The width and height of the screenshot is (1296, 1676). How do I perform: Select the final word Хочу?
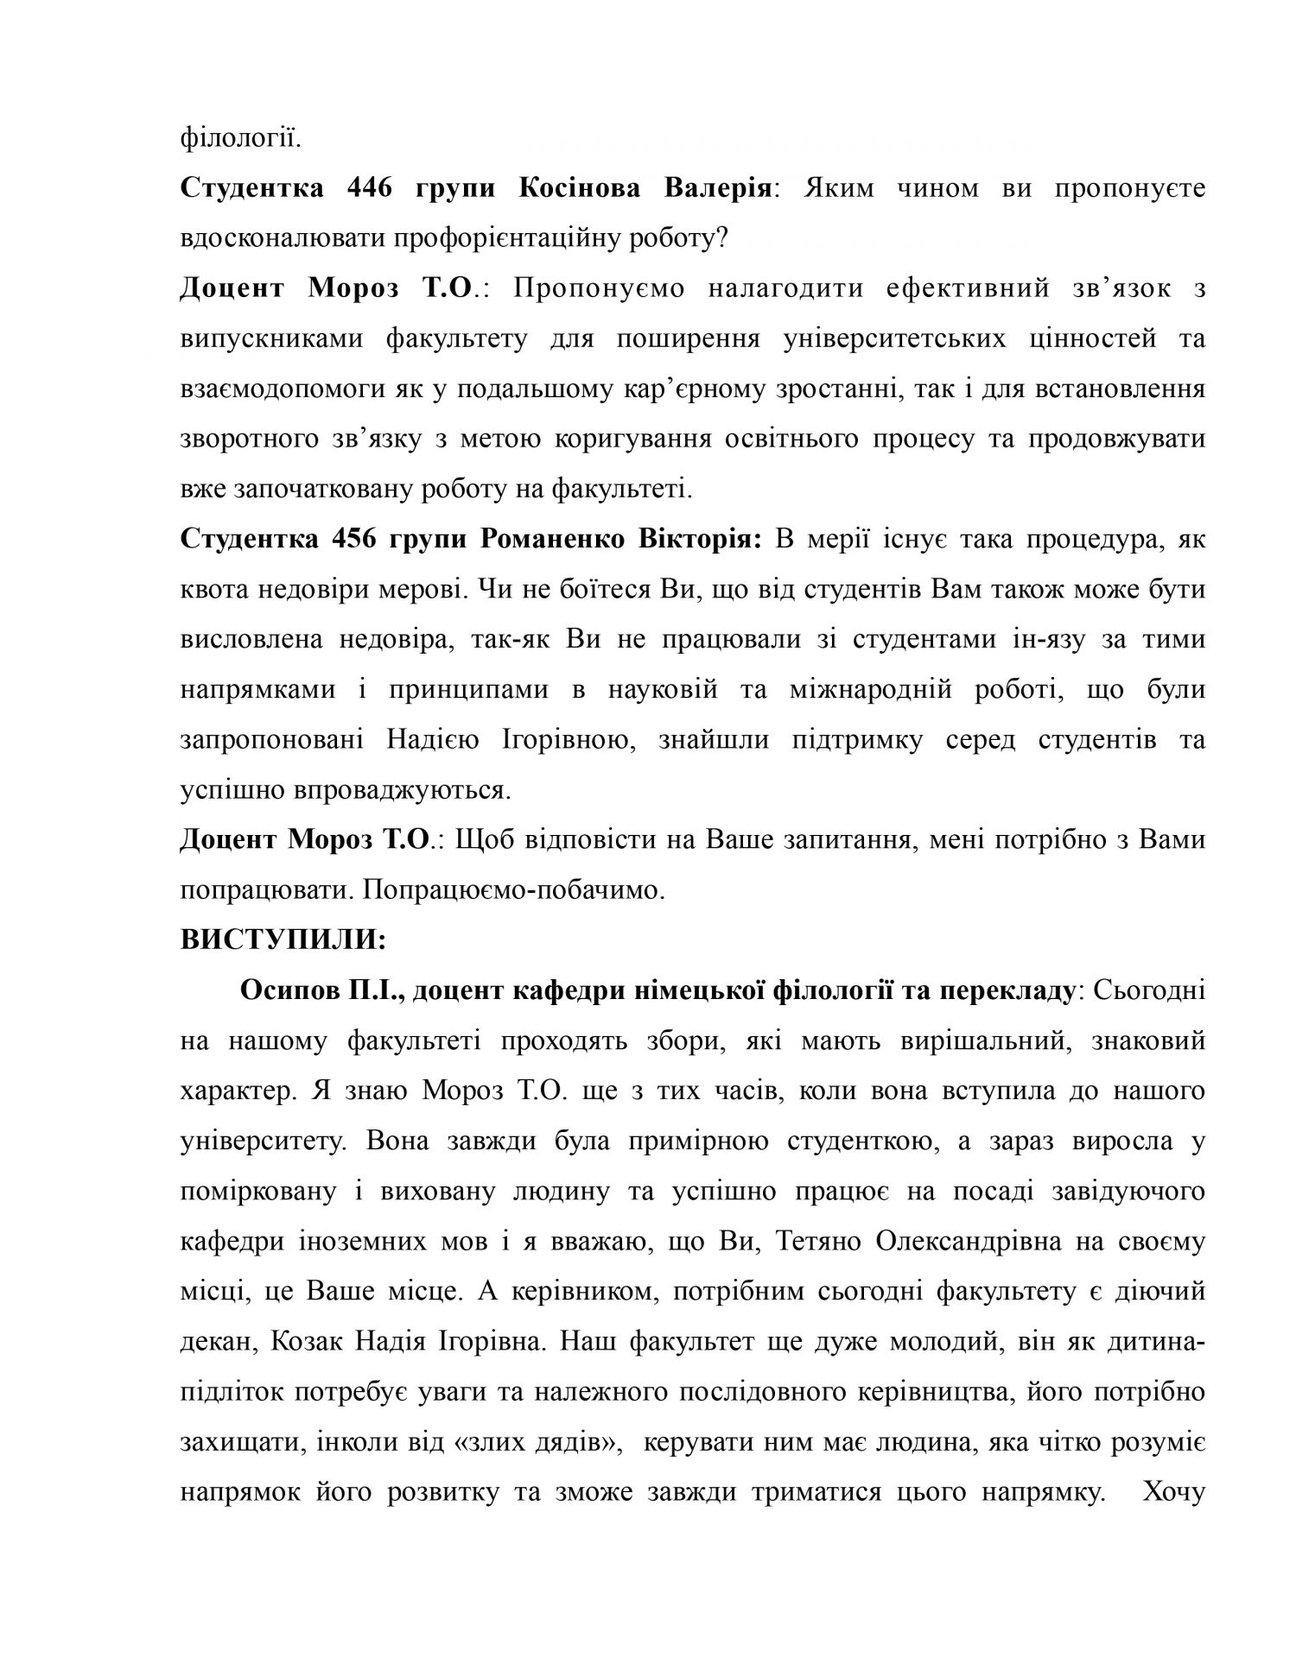pos(1173,1492)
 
